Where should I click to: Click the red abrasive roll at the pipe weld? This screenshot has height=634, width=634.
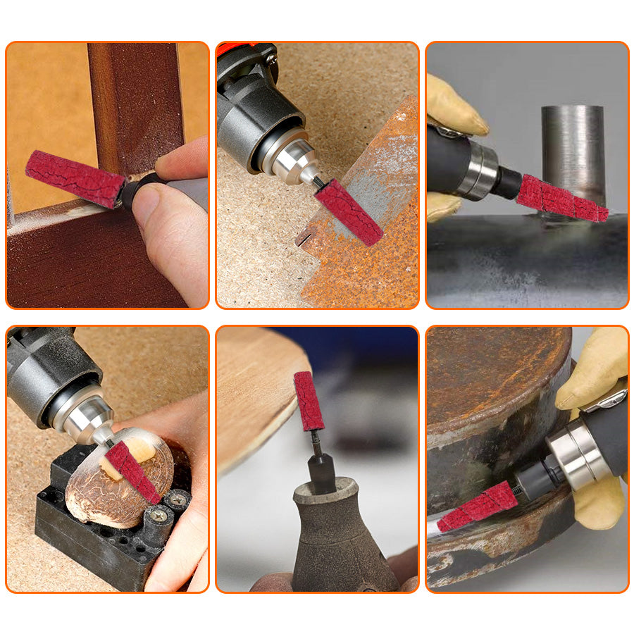point(561,199)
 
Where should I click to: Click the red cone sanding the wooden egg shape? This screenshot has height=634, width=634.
point(133,471)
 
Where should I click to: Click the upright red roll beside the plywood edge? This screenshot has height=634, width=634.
point(309,401)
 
